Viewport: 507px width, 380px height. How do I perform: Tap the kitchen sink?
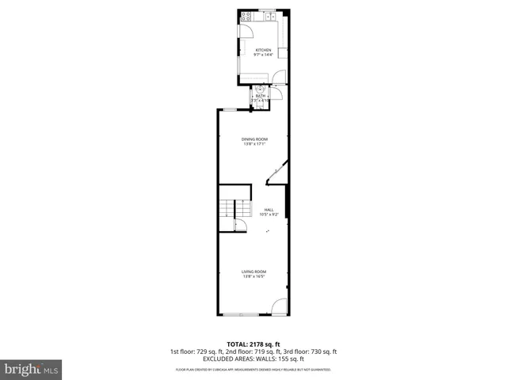(270, 15)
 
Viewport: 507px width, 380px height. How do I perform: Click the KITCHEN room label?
(263, 50)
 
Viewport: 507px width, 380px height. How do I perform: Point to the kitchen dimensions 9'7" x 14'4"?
(263, 55)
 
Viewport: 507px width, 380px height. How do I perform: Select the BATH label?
(260, 96)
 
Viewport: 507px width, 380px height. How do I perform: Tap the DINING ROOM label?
(254, 139)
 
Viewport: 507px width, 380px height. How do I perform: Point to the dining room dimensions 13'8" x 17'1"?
(254, 144)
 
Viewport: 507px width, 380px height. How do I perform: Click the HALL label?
(269, 210)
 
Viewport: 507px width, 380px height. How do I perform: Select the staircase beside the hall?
(227, 210)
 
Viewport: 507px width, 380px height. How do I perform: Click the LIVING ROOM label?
(253, 272)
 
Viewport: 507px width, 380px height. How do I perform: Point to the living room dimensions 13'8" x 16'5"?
(253, 276)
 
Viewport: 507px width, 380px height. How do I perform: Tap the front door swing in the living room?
(279, 306)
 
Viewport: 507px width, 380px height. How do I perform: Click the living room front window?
(239, 314)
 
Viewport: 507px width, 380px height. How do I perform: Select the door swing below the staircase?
(241, 226)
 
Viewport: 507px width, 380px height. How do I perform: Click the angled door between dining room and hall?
(276, 173)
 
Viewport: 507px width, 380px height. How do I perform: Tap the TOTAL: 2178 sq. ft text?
(253, 344)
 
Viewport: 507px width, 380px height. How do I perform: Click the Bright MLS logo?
(31, 370)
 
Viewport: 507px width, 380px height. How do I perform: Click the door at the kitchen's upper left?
(246, 30)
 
